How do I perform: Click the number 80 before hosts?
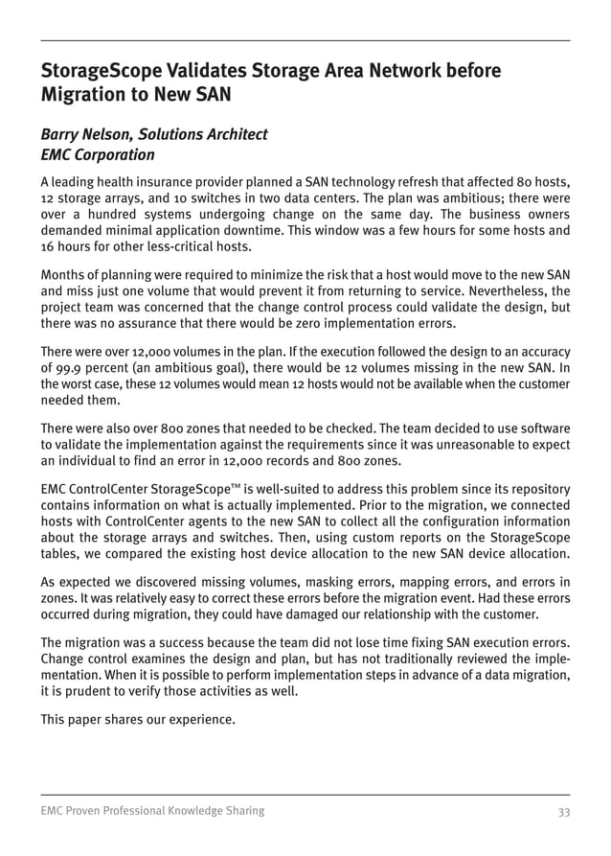(525, 181)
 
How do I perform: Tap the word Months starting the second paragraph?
(63, 275)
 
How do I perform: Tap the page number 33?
(563, 811)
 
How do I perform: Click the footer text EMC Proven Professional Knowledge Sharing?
(152, 811)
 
